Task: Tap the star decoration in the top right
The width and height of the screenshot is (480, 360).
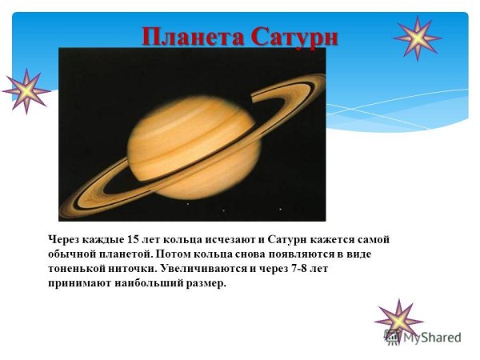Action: (x=418, y=38)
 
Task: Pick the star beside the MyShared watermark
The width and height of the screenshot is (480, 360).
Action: (x=398, y=322)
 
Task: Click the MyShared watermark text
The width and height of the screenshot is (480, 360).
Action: (x=432, y=338)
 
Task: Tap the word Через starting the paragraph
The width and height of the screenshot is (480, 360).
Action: (x=66, y=239)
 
